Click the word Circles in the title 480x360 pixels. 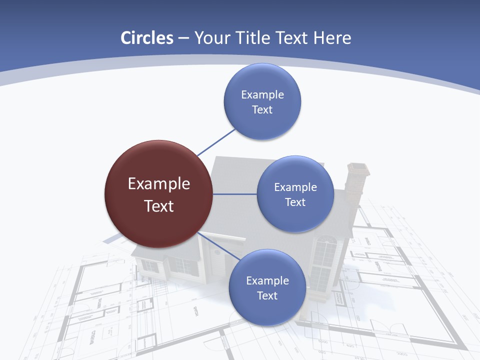pos(146,38)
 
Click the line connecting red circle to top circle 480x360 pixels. pos(216,142)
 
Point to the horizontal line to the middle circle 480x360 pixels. pos(235,194)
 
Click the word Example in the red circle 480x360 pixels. pos(159,184)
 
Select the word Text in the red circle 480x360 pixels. pos(159,206)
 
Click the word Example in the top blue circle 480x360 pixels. pos(262,94)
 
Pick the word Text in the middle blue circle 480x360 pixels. pos(295,202)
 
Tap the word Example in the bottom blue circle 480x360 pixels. pos(267,280)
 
